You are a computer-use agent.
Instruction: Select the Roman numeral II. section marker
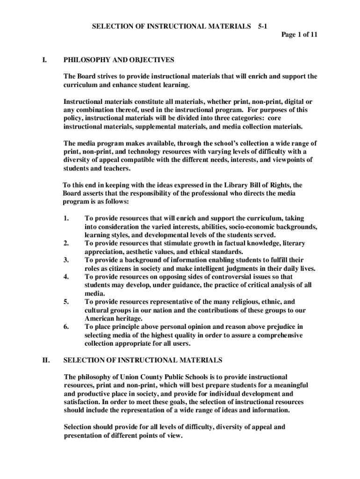(x=46, y=360)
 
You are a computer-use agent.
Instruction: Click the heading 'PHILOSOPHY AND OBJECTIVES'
(x=119, y=60)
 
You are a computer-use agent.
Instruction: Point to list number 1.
(x=66, y=218)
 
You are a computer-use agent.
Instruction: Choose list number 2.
(x=66, y=243)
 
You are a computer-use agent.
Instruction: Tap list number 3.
(x=66, y=260)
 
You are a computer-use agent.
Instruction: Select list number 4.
(x=66, y=276)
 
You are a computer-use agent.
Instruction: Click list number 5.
(x=66, y=302)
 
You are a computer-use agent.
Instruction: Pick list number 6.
(x=66, y=327)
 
